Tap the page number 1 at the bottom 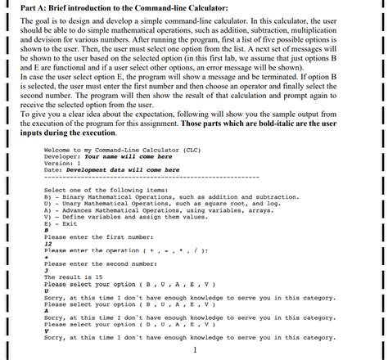pyautogui.click(x=195, y=351)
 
